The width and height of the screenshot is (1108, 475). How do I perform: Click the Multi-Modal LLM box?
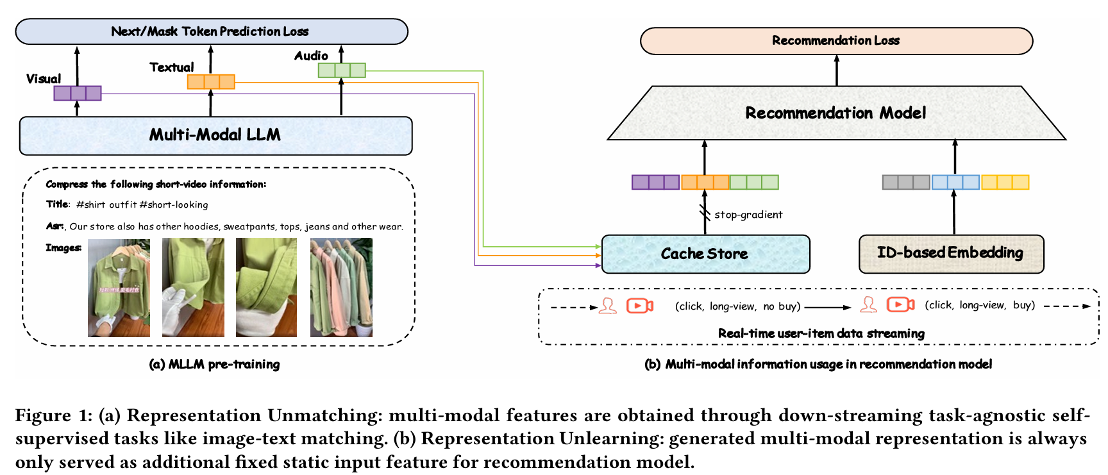[x=215, y=135]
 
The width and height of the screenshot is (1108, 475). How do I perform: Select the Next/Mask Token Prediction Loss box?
[x=211, y=31]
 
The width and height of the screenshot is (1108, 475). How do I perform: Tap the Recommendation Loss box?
[x=835, y=40]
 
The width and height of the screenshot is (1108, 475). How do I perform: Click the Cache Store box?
[x=705, y=254]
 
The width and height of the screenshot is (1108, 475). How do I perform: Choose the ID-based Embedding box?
[x=950, y=253]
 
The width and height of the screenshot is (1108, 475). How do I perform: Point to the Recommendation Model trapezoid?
[x=835, y=113]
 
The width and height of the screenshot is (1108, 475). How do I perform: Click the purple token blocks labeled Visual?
[x=78, y=93]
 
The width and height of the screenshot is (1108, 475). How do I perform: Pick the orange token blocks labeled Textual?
[x=211, y=81]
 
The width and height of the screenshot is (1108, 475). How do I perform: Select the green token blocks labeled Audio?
[x=342, y=70]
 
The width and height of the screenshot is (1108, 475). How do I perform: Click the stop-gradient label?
[x=748, y=215]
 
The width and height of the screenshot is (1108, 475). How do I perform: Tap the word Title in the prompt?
[x=57, y=204]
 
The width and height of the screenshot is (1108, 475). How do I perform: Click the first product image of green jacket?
[x=119, y=288]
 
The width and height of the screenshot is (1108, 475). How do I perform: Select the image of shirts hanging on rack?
[x=341, y=288]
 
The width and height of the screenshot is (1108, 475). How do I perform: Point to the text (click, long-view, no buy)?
[x=737, y=306]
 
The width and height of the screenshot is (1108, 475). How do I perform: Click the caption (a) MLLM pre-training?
[x=214, y=364]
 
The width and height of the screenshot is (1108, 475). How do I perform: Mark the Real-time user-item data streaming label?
[x=821, y=333]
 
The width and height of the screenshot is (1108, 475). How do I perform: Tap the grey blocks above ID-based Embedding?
[x=906, y=182]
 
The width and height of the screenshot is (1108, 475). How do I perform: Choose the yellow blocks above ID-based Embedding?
[x=1005, y=182]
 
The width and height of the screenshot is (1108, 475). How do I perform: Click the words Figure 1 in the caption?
[x=54, y=415]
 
